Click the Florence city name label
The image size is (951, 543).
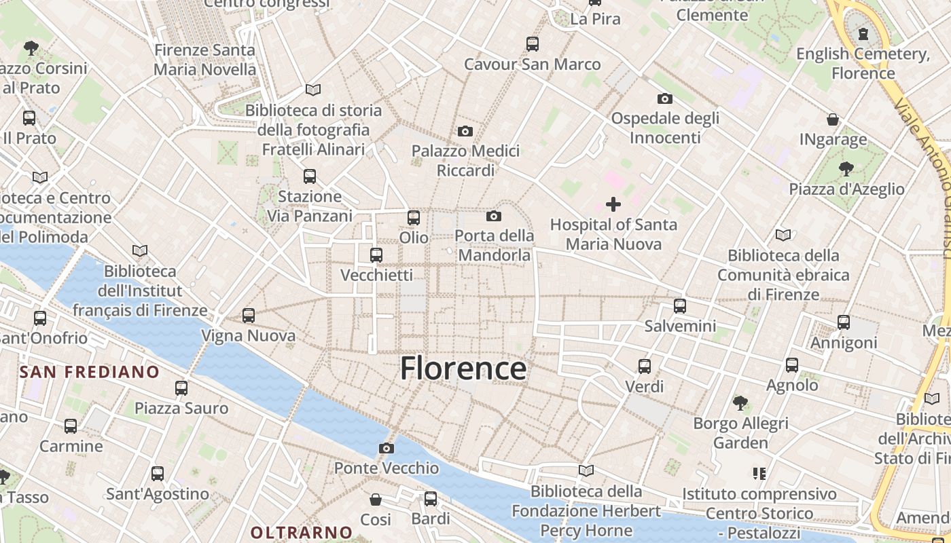point(463,369)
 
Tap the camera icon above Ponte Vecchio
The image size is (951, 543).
point(387,448)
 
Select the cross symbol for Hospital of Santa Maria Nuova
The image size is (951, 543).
point(613,204)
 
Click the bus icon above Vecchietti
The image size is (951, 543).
point(376,255)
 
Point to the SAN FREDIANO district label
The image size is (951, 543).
point(89,372)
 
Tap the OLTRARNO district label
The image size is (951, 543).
point(302,532)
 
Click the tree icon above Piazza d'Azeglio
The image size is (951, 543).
point(846,168)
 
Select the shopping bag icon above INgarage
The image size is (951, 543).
point(833,120)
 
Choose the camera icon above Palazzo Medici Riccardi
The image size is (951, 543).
point(465,131)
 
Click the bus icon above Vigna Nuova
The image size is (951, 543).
point(249,316)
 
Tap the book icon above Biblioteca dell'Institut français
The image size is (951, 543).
point(140,251)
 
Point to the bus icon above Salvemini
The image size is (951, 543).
point(680,306)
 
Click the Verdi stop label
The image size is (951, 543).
point(645,386)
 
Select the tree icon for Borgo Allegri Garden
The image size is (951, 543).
point(740,403)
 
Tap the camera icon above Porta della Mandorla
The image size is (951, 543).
point(494,217)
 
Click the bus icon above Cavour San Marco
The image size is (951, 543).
point(533,44)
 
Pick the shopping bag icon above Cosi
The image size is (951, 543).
point(376,500)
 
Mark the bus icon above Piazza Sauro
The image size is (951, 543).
point(181,388)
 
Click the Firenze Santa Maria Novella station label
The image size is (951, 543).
point(205,60)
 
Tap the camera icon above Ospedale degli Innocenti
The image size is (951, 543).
point(665,99)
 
